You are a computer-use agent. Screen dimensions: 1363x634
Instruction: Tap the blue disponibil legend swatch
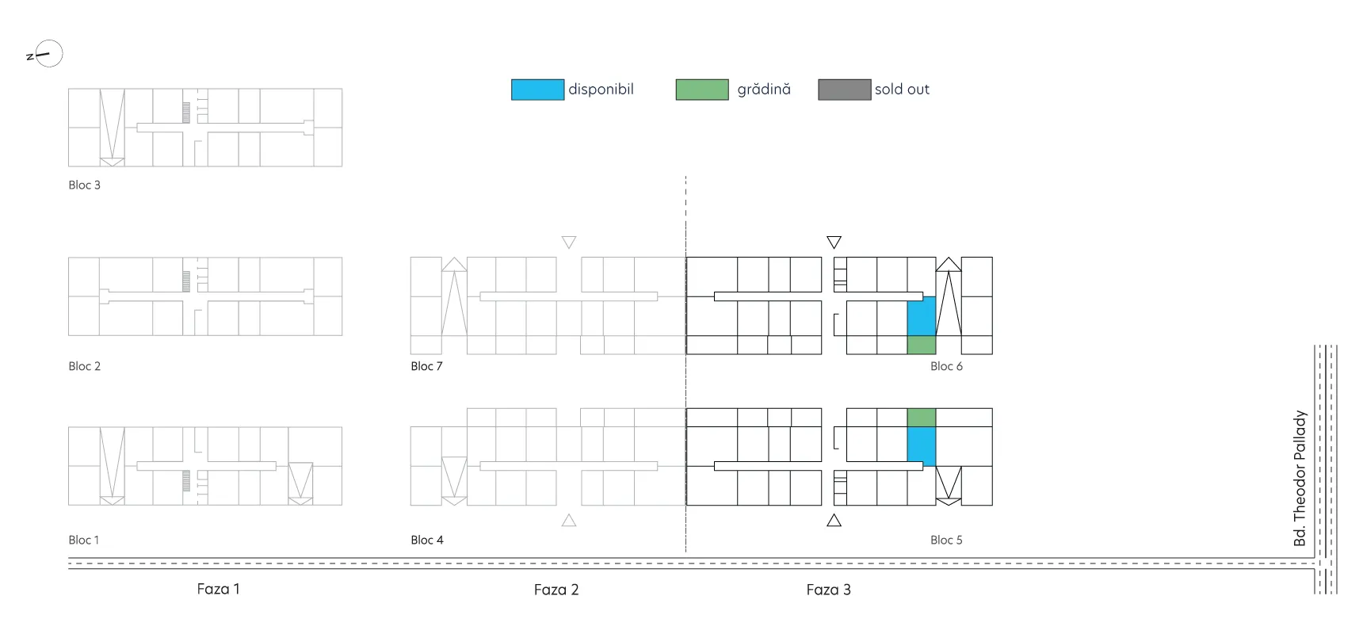(537, 90)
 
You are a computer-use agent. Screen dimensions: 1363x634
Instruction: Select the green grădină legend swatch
(702, 90)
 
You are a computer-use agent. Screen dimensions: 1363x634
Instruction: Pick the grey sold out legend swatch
(845, 90)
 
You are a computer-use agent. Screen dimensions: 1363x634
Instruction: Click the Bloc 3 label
(84, 185)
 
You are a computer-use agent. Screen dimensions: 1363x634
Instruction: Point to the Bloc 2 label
(84, 366)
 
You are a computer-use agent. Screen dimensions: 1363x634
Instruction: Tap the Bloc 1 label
(83, 540)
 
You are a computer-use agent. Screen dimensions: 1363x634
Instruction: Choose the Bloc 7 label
(426, 366)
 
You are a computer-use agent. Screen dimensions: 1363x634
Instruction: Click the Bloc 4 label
(427, 540)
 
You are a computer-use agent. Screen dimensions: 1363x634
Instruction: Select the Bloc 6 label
(946, 366)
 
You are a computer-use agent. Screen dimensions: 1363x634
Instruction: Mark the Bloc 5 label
(946, 540)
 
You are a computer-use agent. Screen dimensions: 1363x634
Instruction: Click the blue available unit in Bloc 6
(922, 316)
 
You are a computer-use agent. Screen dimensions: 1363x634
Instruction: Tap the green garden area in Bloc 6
(922, 345)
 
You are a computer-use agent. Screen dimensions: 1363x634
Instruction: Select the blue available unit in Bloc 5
(922, 446)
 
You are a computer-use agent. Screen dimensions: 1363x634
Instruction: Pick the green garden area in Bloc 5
(922, 418)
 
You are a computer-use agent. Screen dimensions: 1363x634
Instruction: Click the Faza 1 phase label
(218, 589)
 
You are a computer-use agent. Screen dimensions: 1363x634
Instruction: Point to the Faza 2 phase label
(556, 590)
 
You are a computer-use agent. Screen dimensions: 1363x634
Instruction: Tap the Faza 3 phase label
(828, 590)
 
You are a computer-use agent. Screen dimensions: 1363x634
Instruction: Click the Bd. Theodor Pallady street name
(1300, 478)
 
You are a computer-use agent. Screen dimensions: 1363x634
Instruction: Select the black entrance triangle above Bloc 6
(834, 242)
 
